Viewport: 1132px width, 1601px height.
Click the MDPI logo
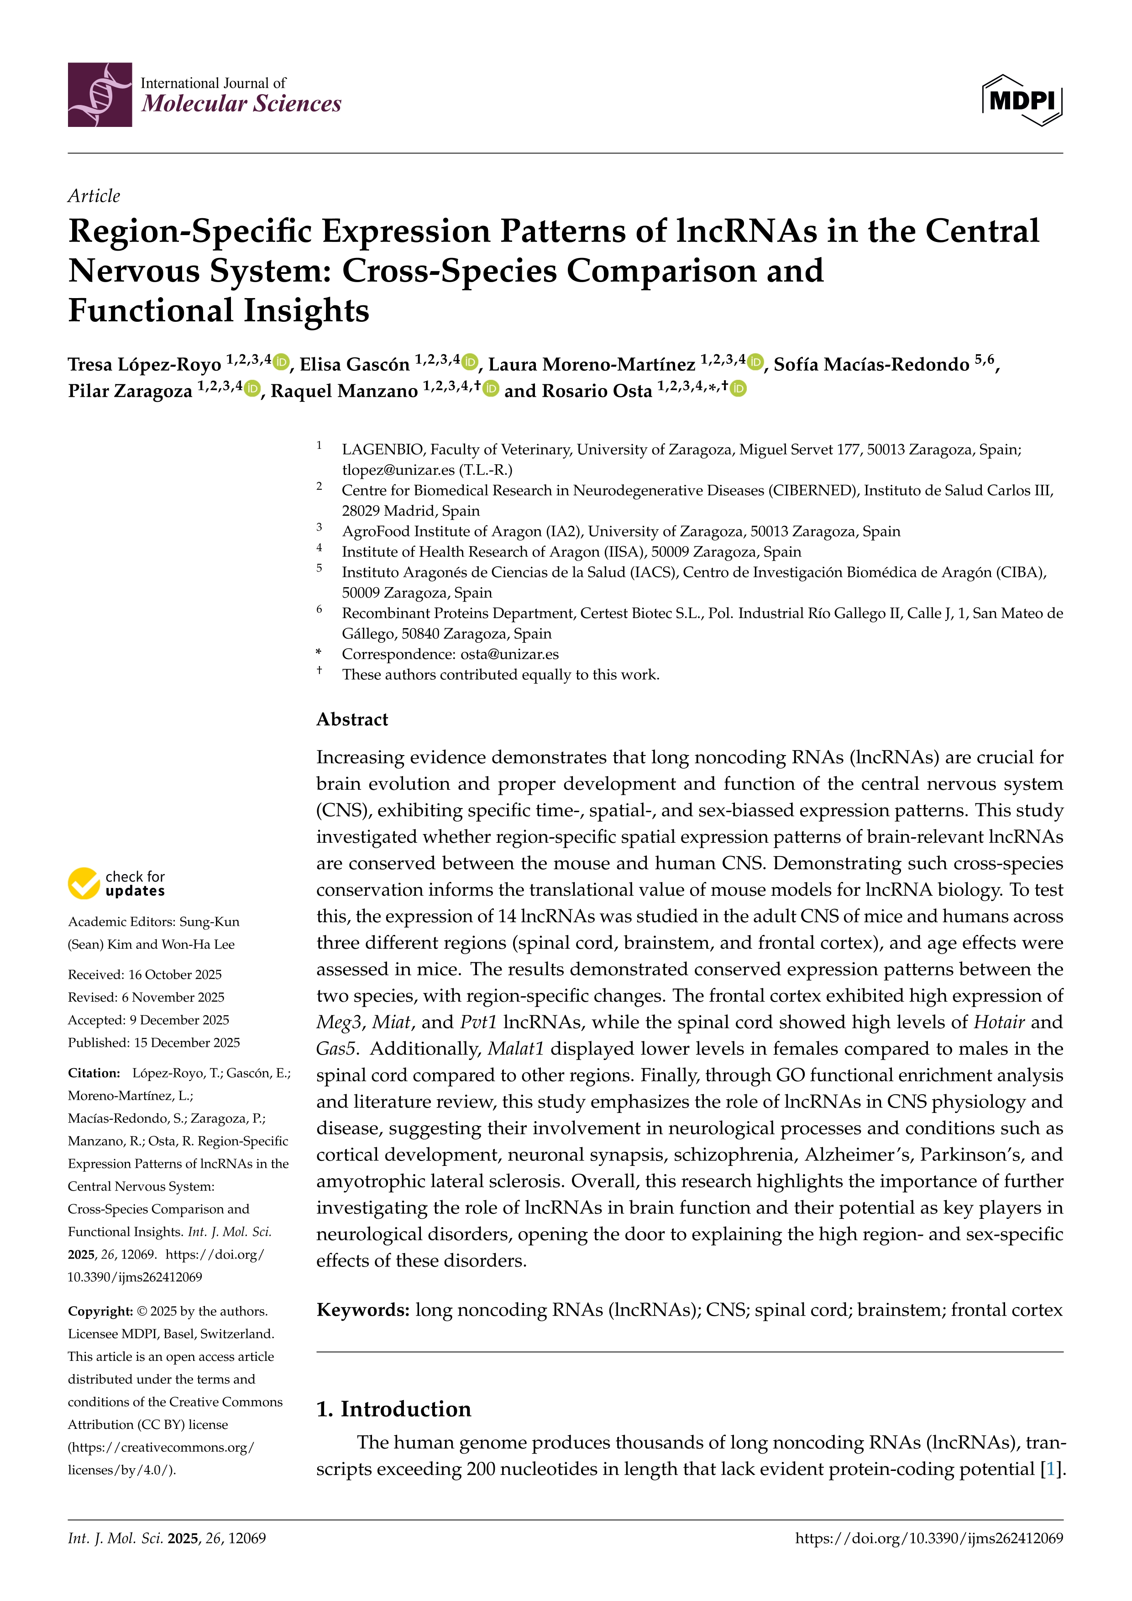click(1022, 100)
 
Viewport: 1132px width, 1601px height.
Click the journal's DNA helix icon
click(100, 95)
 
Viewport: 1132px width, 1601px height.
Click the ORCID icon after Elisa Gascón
click(471, 362)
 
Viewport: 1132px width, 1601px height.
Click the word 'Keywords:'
click(362, 1310)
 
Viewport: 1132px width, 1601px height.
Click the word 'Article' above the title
click(94, 196)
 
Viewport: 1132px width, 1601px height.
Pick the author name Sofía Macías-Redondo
click(871, 365)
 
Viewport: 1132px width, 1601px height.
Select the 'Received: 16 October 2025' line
click(145, 975)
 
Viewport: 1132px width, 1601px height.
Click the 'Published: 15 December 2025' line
click(153, 1043)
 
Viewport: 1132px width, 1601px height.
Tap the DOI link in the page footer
click(929, 1538)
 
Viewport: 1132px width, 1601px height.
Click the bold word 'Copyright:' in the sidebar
click(100, 1311)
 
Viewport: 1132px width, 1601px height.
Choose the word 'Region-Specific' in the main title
click(189, 231)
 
